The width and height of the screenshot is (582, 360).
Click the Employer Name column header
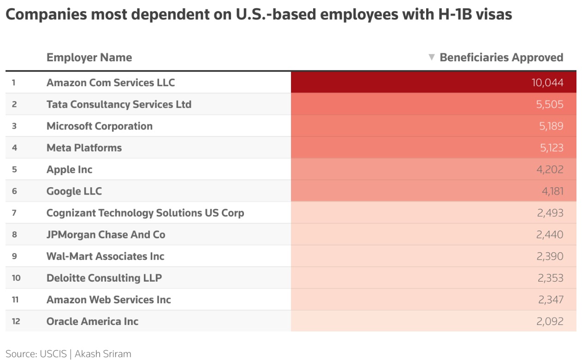tap(89, 58)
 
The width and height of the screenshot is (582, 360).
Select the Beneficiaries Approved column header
tap(501, 58)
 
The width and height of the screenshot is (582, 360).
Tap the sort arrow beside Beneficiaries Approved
tap(432, 57)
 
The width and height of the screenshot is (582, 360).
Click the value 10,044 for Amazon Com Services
tap(547, 83)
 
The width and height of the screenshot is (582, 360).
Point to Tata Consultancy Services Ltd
tap(119, 105)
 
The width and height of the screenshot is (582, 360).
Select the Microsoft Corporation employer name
tap(99, 126)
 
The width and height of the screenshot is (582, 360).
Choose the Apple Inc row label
tap(69, 170)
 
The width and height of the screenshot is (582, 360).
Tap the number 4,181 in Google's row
tap(552, 191)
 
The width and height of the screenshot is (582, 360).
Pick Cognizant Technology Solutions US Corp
tap(145, 213)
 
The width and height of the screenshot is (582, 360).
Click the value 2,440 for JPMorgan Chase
tap(550, 235)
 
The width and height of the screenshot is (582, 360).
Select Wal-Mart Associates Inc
tap(105, 256)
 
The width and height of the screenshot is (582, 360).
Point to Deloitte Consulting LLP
tap(104, 278)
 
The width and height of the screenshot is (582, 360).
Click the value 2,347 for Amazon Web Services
tap(550, 300)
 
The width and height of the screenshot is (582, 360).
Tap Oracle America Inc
tap(92, 321)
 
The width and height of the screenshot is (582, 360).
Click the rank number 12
tap(16, 321)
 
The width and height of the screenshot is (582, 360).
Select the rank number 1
tap(14, 83)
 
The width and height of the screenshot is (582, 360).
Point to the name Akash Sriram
tap(103, 354)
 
